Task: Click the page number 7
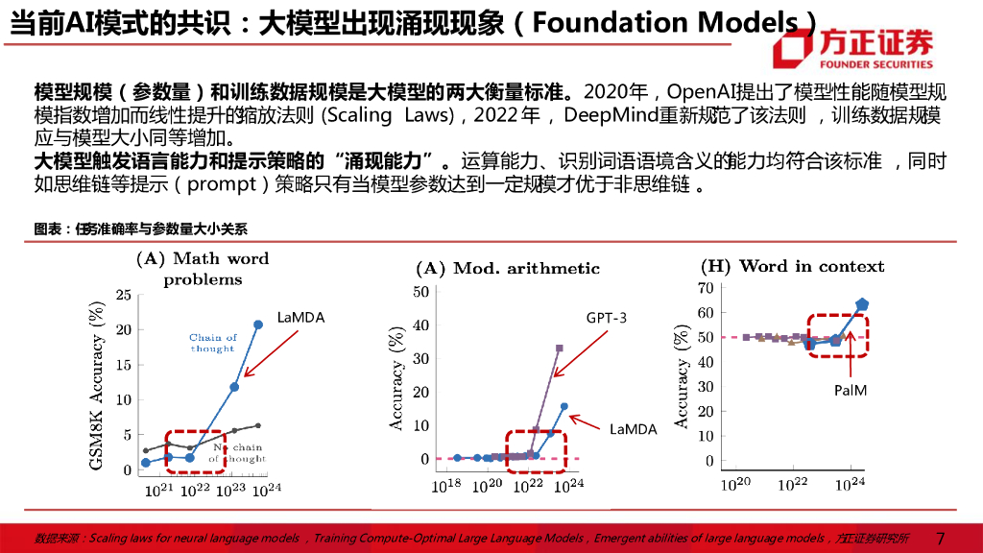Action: point(940,539)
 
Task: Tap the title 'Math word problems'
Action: point(203,269)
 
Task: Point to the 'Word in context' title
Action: point(792,266)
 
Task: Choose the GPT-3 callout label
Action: point(606,318)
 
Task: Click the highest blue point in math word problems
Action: point(258,325)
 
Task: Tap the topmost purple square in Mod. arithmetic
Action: point(559,349)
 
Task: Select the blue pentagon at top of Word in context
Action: point(862,304)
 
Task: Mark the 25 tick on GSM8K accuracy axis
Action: point(123,295)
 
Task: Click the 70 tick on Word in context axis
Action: point(707,287)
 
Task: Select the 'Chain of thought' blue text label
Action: point(212,343)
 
